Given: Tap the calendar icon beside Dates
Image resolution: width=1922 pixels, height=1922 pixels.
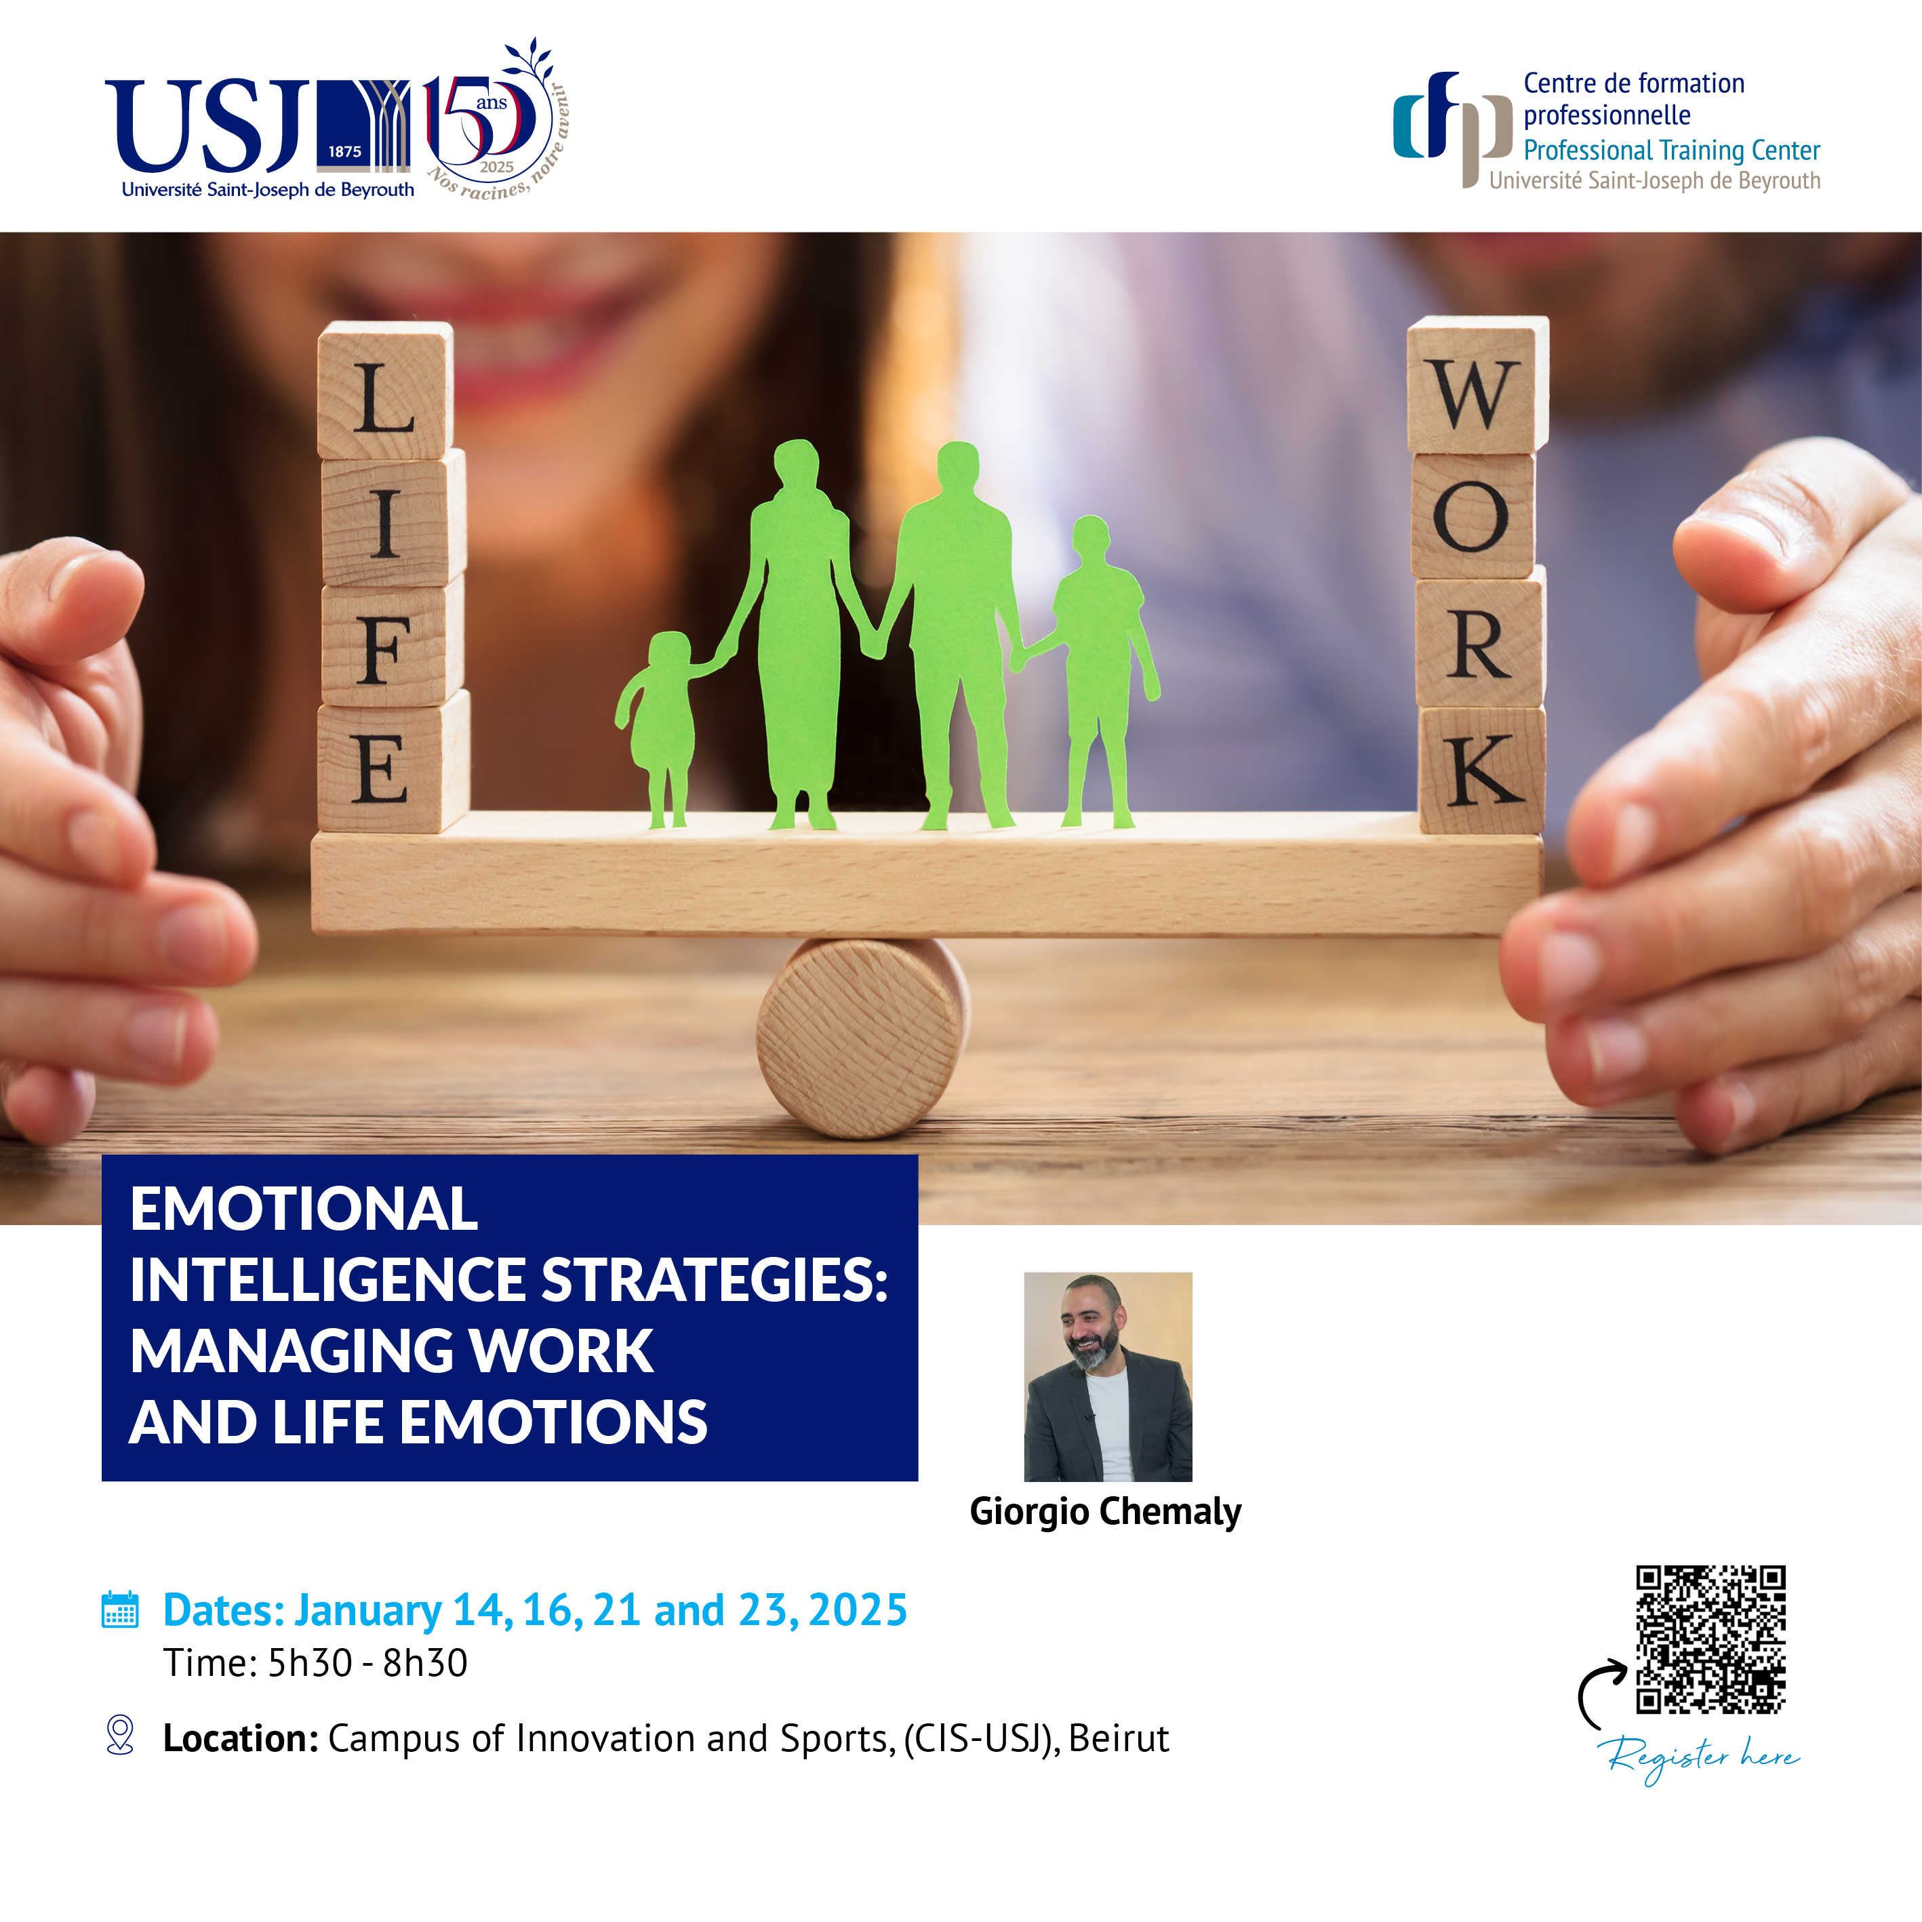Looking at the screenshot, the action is [x=121, y=1609].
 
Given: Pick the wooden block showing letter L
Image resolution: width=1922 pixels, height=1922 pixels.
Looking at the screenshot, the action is [x=385, y=391].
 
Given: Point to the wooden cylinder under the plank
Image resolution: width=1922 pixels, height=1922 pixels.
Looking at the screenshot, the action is [x=862, y=1037].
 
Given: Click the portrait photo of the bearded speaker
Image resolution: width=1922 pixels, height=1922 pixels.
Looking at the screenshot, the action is [x=1108, y=1377].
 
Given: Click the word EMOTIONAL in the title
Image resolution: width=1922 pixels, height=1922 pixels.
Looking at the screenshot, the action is [x=304, y=1209].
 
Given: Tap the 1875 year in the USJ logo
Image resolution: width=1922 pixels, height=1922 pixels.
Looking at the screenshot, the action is [x=344, y=151].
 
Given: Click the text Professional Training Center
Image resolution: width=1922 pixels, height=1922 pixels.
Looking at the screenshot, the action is [x=1671, y=151].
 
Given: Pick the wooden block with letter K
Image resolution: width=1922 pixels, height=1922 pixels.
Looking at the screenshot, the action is [x=1482, y=770].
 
